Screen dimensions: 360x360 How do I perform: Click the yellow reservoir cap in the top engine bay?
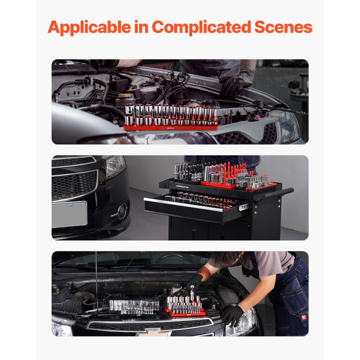pos(125,96)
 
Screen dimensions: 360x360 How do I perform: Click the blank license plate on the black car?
pos(69,214)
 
